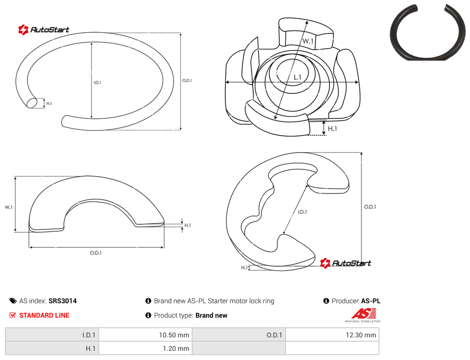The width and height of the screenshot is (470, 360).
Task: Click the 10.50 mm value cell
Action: [x=145, y=335]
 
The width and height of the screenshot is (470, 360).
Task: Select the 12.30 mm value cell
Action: [x=332, y=335]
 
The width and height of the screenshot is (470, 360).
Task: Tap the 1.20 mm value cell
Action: [x=145, y=348]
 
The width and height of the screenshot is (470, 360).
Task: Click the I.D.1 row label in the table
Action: [x=52, y=335]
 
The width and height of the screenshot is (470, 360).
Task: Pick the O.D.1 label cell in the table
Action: [x=239, y=335]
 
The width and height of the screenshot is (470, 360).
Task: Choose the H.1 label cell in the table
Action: [x=52, y=348]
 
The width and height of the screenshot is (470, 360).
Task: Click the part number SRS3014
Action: [x=63, y=301]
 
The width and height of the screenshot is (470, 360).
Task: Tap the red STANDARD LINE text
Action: [x=44, y=315]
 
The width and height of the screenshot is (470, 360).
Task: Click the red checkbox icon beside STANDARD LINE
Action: [x=13, y=315]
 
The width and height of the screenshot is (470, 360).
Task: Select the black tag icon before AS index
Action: [x=13, y=301]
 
